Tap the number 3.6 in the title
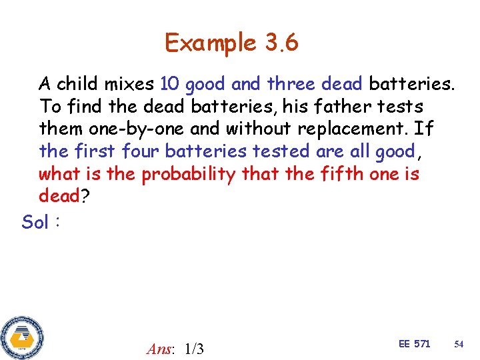click(x=281, y=43)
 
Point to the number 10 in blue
click(x=170, y=84)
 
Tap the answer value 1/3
click(x=194, y=349)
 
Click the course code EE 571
click(x=414, y=344)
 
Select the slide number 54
click(x=459, y=344)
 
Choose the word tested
click(x=279, y=151)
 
